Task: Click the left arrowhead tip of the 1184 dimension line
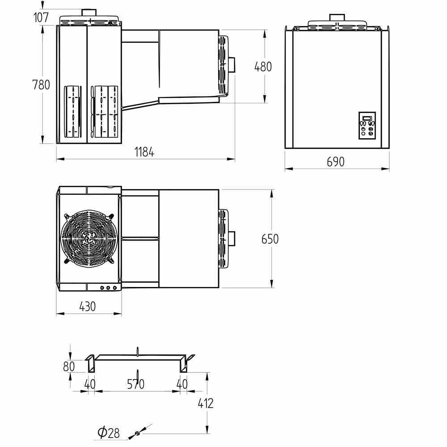click(x=56, y=159)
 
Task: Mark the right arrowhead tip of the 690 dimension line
click(x=389, y=169)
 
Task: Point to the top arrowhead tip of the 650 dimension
click(x=272, y=190)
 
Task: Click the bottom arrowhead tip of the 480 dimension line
click(x=265, y=103)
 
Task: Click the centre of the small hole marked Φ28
click(x=137, y=433)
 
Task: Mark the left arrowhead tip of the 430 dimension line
click(x=56, y=314)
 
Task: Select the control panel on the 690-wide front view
click(x=367, y=126)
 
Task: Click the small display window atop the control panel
click(x=367, y=118)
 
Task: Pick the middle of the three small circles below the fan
click(x=108, y=288)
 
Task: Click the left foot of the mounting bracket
click(x=91, y=364)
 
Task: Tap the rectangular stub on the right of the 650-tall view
click(x=232, y=238)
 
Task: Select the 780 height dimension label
click(x=41, y=84)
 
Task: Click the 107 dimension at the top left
click(x=41, y=17)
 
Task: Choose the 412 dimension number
click(x=206, y=403)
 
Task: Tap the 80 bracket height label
click(x=69, y=367)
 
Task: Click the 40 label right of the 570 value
click(x=182, y=384)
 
